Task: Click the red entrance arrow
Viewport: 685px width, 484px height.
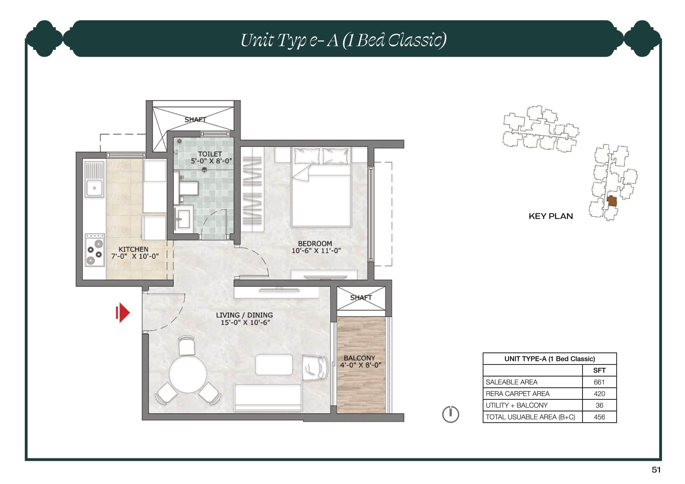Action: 123,312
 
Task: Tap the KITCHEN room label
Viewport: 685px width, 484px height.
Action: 133,249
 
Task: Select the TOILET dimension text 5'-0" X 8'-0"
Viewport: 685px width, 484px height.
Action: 211,161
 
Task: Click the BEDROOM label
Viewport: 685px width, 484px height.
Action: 315,244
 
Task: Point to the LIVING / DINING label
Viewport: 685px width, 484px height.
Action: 244,315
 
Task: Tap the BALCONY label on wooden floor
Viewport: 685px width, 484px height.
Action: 359,358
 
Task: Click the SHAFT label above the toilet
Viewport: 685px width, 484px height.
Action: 195,120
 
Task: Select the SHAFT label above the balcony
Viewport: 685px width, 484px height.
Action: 361,298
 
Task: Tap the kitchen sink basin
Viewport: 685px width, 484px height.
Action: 94,188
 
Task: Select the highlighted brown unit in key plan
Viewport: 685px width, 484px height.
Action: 612,201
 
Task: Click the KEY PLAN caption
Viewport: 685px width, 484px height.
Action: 551,216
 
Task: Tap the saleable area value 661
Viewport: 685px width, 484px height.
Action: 599,382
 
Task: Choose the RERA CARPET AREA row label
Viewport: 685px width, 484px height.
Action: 517,394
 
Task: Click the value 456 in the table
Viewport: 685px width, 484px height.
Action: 599,417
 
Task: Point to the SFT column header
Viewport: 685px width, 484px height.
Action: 599,370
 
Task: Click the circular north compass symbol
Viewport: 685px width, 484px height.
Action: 450,414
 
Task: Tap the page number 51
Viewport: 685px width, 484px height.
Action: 656,470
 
